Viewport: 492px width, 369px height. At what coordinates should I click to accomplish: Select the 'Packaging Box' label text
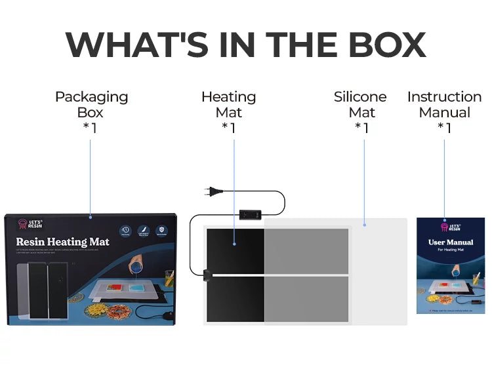pos(91,104)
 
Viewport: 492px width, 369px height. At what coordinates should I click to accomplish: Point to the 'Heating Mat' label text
pos(228,104)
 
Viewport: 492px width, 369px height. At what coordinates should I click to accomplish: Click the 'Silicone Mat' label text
pos(361,104)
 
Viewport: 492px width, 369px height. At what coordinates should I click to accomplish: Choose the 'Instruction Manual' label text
pos(444,104)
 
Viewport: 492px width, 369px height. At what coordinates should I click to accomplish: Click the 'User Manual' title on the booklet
pos(451,242)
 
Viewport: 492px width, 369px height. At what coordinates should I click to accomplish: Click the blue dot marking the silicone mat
pos(364,224)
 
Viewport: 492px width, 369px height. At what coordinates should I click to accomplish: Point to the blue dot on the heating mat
pos(234,244)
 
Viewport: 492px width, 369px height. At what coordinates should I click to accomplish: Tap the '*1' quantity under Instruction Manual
pos(444,128)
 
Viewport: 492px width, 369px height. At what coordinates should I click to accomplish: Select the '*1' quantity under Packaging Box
pos(91,128)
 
